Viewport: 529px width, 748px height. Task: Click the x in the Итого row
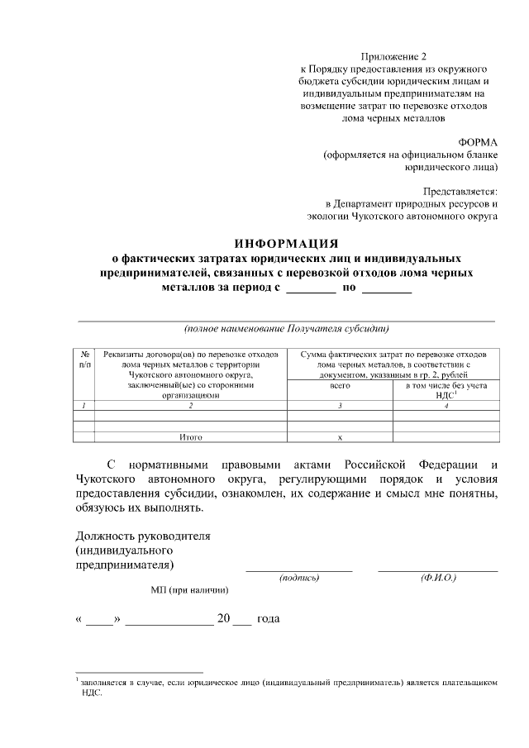(340, 436)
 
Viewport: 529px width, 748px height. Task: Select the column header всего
(340, 386)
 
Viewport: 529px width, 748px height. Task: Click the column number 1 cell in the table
(84, 405)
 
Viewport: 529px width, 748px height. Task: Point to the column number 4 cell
(446, 405)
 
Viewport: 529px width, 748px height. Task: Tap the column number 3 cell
(340, 405)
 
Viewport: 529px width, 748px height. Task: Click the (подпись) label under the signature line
(299, 578)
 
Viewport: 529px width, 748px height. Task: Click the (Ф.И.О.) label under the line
(438, 578)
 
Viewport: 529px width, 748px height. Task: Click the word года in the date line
(269, 619)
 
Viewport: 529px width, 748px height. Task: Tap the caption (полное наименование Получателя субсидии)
(286, 328)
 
